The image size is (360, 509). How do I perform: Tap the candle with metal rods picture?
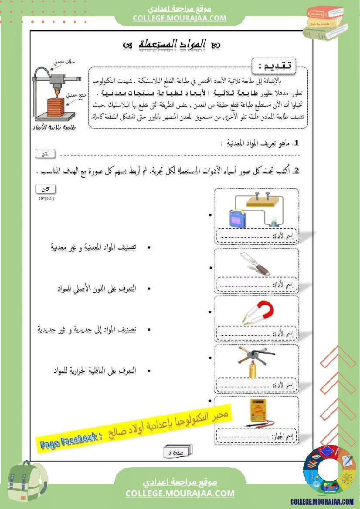coord(252,364)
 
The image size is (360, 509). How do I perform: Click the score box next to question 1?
coord(45,153)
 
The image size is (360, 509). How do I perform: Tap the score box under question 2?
coord(45,189)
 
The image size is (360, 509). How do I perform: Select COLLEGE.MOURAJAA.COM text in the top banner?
coord(180,18)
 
